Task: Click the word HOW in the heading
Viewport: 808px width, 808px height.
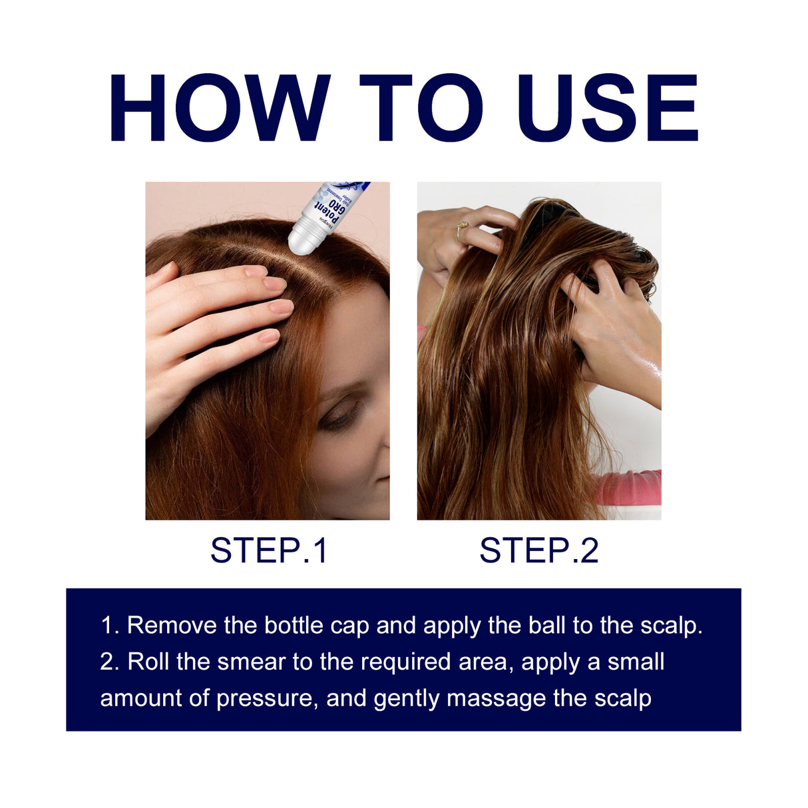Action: point(220,108)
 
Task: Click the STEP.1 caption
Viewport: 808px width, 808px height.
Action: point(269,551)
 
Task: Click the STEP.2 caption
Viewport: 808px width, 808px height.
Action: point(538,551)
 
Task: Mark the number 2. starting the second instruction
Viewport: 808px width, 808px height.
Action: point(109,662)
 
